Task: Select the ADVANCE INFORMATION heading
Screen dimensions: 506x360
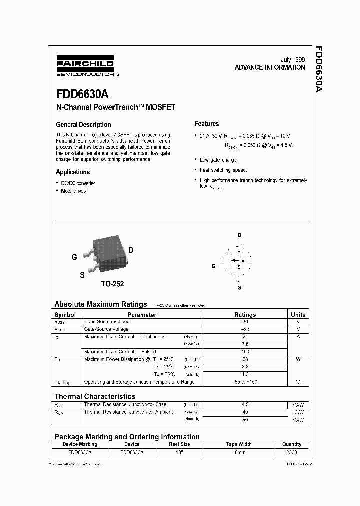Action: [270, 67]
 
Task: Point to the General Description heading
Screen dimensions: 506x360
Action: [83, 124]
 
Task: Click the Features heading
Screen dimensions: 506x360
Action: [206, 124]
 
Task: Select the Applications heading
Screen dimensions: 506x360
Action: [73, 172]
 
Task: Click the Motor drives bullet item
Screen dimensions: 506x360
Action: [73, 191]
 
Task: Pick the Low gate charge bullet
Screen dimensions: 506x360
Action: [218, 160]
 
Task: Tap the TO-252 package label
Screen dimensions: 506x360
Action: [112, 283]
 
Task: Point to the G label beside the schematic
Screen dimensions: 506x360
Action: [214, 266]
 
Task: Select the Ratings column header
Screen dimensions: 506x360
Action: [245, 315]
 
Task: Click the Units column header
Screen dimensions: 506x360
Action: [298, 315]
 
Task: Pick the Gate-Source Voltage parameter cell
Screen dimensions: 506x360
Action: [107, 329]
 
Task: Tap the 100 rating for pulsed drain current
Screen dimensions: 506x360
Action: [245, 352]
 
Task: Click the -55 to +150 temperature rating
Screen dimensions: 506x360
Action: [245, 382]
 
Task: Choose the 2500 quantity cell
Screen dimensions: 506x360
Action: [291, 452]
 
